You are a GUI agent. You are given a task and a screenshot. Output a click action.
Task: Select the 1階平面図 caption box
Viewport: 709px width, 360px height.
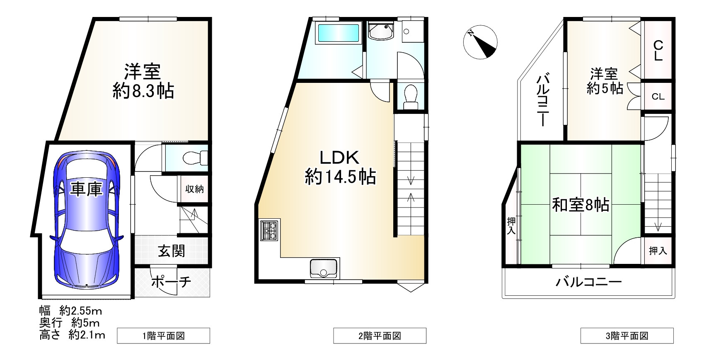163,336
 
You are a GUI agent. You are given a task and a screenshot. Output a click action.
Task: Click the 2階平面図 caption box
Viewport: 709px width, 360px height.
380,336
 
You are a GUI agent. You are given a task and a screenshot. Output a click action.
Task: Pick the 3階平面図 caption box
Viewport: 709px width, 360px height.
627,336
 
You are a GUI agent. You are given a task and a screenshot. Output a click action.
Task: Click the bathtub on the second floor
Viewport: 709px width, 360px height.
338,33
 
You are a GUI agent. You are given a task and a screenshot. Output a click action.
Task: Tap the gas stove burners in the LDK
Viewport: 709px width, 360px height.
269,231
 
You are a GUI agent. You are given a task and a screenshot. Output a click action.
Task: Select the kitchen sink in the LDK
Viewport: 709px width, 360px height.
324,268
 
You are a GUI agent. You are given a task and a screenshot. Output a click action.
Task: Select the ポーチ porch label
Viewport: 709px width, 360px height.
171,282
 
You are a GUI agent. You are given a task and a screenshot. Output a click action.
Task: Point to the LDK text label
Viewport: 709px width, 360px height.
339,157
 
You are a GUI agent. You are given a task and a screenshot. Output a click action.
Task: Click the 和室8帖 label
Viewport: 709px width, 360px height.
580,205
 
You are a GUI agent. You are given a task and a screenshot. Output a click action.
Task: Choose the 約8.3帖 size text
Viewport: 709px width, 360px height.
143,91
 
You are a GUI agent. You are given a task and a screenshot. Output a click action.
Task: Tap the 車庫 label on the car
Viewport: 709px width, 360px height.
86,189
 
